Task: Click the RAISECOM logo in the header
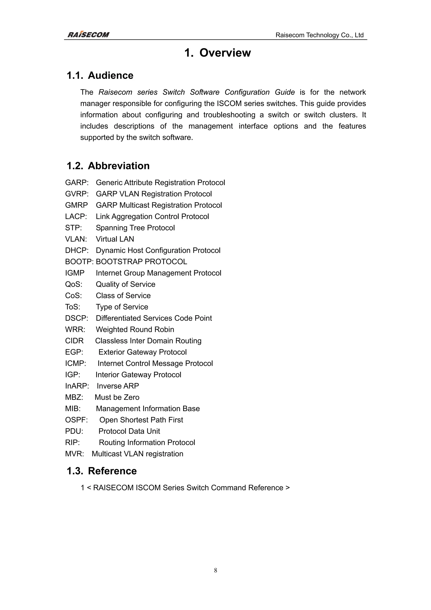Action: click(88, 35)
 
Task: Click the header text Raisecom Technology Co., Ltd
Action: click(319, 35)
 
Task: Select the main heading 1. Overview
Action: click(217, 53)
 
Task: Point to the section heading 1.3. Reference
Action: click(101, 471)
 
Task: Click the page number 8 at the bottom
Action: click(215, 570)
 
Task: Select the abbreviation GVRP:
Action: click(77, 194)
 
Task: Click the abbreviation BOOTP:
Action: click(79, 262)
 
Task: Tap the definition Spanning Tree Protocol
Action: click(135, 228)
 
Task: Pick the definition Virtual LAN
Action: click(115, 239)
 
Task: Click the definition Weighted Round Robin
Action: click(135, 329)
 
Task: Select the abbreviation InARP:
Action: click(77, 386)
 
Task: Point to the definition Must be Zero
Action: click(117, 397)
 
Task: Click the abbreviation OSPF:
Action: click(76, 420)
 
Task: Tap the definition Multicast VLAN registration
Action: click(137, 454)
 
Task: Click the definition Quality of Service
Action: click(125, 284)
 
